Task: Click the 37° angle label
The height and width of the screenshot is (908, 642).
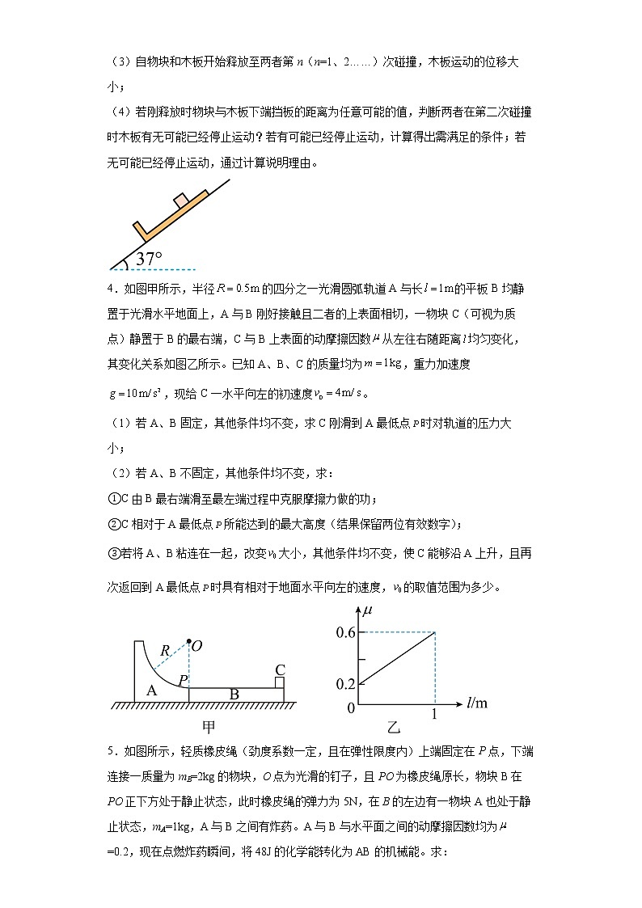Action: tap(148, 259)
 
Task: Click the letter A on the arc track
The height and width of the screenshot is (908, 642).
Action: tap(150, 689)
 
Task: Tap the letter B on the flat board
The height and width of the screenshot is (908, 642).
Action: tap(234, 695)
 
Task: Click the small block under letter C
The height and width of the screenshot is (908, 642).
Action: tap(280, 682)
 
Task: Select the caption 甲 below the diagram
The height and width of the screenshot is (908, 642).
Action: tap(208, 724)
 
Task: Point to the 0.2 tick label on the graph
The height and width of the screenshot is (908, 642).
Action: tap(345, 684)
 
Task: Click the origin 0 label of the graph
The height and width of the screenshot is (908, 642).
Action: tap(351, 708)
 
